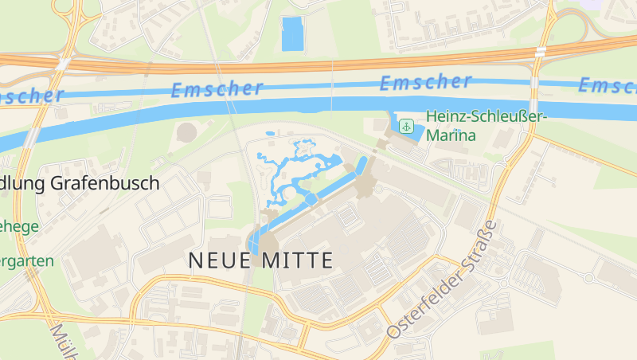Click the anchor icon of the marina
406,126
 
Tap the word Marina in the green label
451,135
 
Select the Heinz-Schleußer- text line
486,117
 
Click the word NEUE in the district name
221,260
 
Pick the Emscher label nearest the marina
425,81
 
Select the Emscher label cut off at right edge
609,84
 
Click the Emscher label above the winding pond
217,89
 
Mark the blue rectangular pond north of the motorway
292,34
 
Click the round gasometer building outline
186,132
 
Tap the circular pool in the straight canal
310,198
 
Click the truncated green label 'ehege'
19,227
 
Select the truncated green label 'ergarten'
27,260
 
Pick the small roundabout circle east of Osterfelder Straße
588,278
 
